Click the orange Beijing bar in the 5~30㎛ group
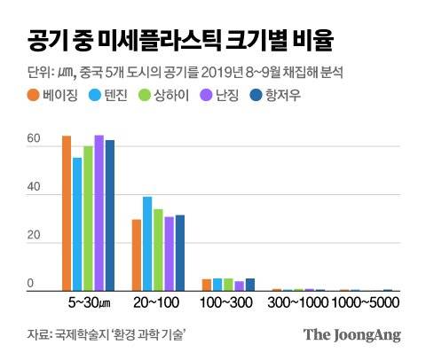tap(67, 214)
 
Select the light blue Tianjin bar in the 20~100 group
tap(147, 244)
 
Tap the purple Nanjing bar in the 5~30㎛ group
tap(99, 214)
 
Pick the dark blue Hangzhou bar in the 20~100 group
tap(180, 253)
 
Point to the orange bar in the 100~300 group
tap(207, 285)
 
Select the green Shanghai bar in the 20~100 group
tap(158, 250)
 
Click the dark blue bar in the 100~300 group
tap(250, 285)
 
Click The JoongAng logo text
tap(352, 335)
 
